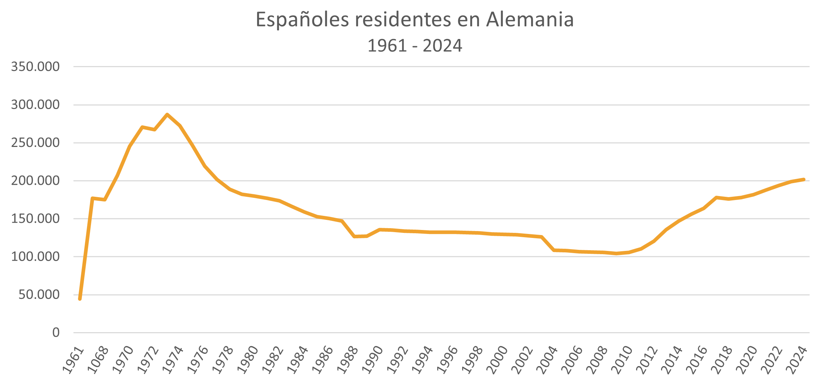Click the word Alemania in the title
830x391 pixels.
530,20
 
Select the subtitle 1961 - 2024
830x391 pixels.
414,46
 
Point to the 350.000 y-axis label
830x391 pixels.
35,67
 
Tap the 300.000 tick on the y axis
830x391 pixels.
35,105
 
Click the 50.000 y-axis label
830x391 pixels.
39,295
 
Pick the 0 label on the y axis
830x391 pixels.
56,333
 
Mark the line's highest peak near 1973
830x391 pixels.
167,114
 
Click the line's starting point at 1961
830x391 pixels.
80,299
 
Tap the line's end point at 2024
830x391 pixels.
804,179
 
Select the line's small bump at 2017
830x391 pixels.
716,197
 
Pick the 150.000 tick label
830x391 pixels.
35,219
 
